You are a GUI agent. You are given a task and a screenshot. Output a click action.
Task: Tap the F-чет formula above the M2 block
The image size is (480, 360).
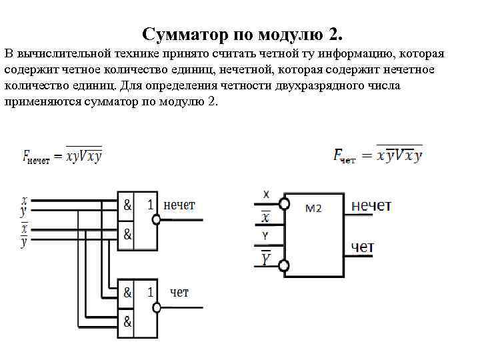[x=378, y=155]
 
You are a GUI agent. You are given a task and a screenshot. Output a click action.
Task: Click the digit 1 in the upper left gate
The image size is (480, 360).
[x=150, y=205]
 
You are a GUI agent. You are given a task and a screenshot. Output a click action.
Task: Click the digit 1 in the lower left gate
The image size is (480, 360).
[x=150, y=292]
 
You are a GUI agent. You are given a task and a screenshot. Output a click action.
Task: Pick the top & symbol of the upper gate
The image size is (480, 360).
[x=127, y=205]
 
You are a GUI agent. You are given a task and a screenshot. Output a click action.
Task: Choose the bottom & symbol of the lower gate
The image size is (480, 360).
[x=127, y=323]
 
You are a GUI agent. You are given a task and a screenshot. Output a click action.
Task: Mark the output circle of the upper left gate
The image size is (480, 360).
[x=157, y=220]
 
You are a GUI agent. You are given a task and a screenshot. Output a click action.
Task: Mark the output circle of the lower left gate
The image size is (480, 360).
[x=157, y=307]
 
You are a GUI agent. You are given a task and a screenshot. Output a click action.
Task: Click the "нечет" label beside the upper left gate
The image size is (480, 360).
[x=179, y=205]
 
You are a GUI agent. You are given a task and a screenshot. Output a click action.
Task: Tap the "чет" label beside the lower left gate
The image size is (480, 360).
[x=179, y=292]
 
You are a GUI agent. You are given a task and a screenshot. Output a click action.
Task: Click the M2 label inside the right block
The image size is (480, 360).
[x=313, y=208]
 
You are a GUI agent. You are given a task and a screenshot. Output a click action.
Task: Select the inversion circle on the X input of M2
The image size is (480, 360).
[x=285, y=202]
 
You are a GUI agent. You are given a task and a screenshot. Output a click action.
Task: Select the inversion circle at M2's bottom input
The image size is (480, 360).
[x=285, y=267]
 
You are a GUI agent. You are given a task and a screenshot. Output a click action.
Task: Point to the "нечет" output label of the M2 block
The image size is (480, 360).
[x=371, y=205]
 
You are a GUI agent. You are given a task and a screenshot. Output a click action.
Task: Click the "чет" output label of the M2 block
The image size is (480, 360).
[x=362, y=247]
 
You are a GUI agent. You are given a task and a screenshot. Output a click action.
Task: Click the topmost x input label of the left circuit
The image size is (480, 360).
[x=24, y=199]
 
